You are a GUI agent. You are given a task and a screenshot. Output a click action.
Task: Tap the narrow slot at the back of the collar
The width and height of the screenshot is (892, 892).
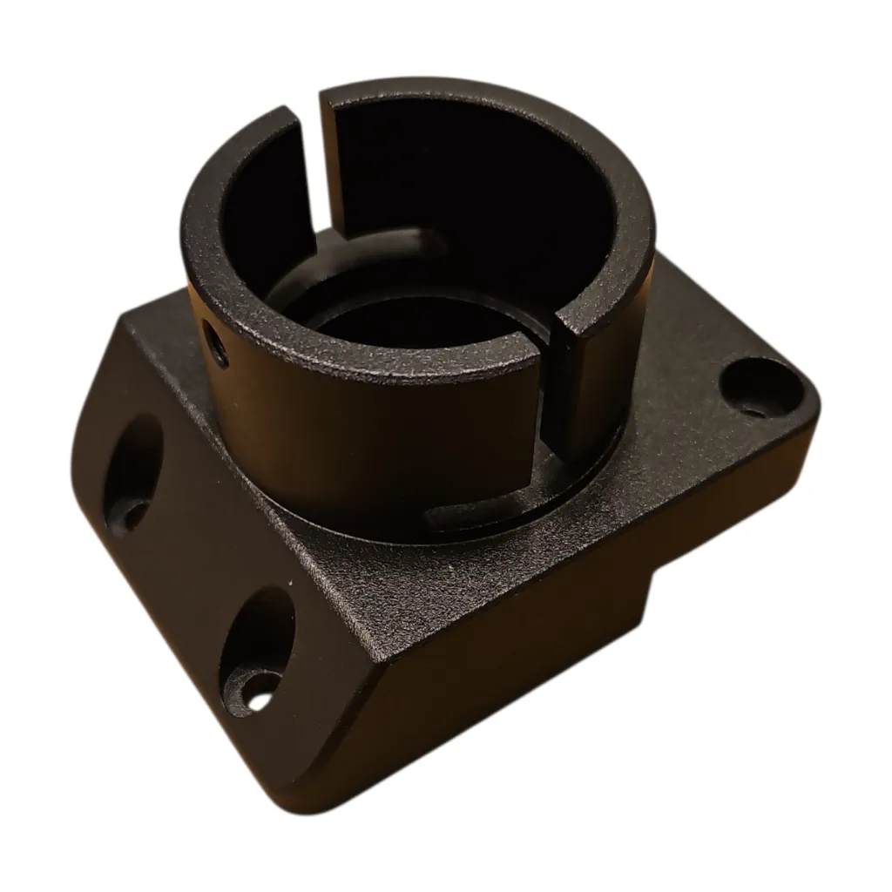(x=315, y=166)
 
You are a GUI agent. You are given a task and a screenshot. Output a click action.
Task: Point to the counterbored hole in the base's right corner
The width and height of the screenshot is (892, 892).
(x=757, y=388)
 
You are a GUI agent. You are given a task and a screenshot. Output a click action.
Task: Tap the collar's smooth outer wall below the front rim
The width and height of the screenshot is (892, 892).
(x=366, y=436)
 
